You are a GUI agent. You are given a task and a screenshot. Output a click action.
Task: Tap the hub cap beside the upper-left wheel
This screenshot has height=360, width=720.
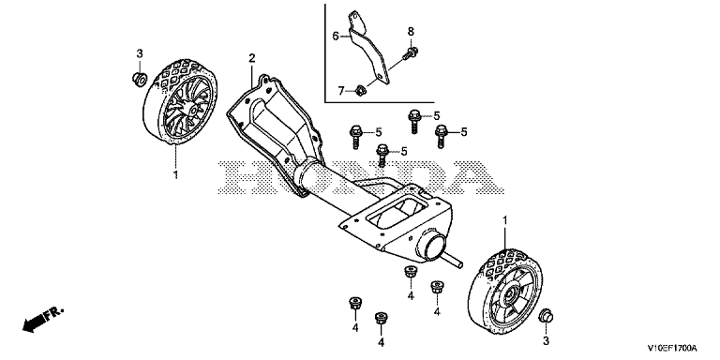pyautogui.click(x=138, y=79)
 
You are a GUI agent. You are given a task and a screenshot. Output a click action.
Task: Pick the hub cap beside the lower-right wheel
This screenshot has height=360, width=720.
pyautogui.click(x=546, y=316)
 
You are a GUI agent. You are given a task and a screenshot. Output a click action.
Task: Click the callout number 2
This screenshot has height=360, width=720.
pyautogui.click(x=251, y=58)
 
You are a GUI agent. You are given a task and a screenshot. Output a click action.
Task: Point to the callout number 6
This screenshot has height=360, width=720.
pyautogui.click(x=336, y=36)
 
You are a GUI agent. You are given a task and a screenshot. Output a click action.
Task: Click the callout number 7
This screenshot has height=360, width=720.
pyautogui.click(x=341, y=91)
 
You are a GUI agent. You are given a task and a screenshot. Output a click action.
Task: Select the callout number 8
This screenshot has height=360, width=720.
pyautogui.click(x=411, y=31)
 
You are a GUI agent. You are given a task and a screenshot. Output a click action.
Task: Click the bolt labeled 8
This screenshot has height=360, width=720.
pyautogui.click(x=410, y=53)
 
